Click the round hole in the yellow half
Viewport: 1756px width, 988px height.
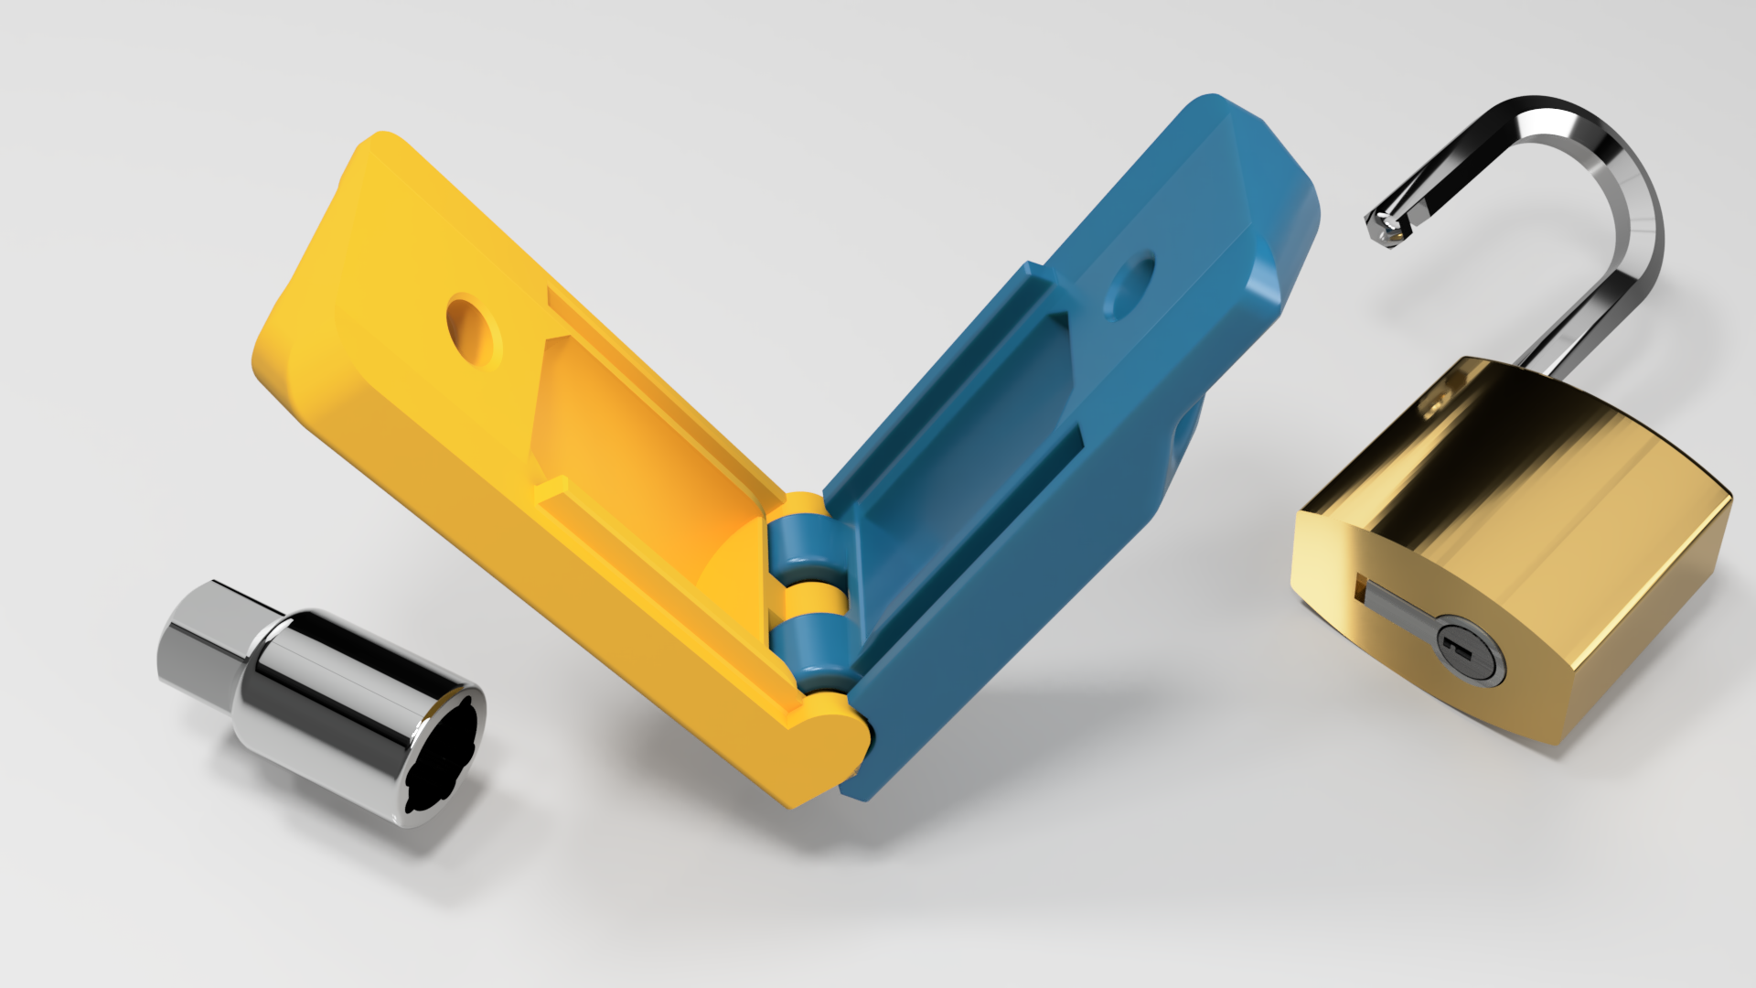(475, 330)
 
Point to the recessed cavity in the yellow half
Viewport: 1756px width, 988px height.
(631, 430)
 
